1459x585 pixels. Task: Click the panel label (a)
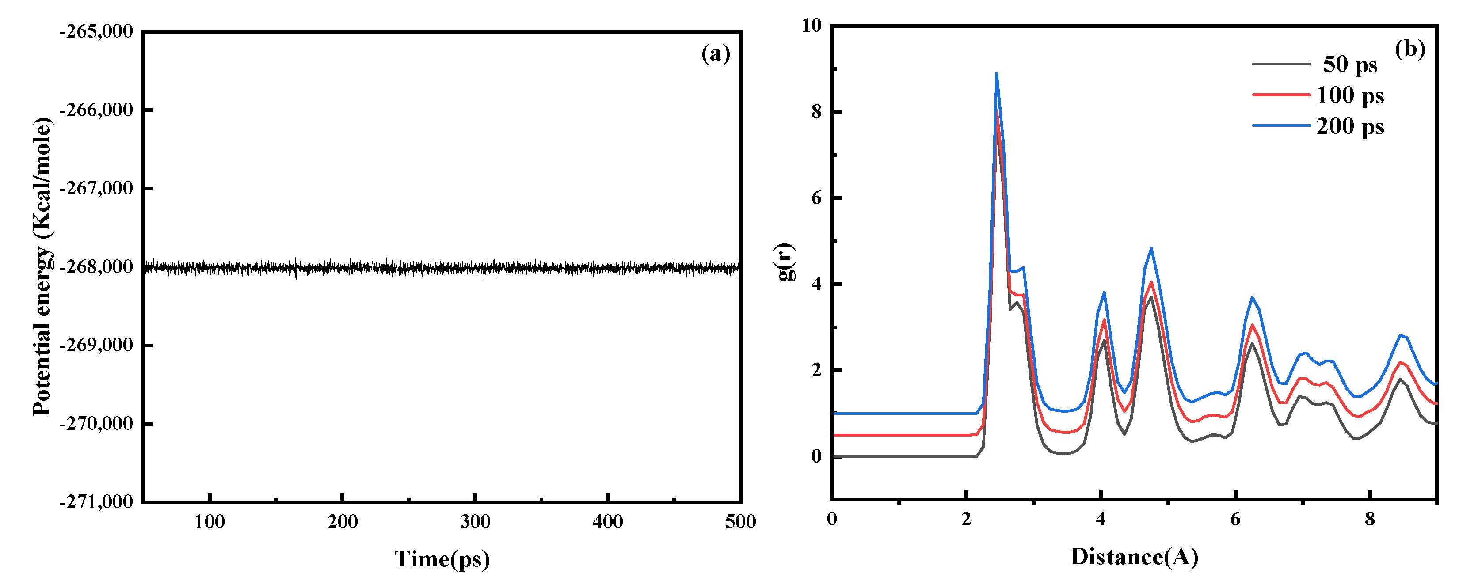point(715,54)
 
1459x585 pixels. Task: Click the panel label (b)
point(1410,49)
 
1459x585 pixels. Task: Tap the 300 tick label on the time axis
point(475,521)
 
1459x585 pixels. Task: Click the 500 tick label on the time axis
point(740,521)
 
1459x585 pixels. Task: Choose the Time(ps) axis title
point(442,559)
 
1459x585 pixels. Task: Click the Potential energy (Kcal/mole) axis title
point(42,266)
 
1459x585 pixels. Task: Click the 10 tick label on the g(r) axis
point(811,26)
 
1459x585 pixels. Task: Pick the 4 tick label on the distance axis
point(1101,519)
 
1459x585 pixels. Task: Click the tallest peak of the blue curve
point(996,74)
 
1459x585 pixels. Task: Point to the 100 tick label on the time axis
point(210,521)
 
